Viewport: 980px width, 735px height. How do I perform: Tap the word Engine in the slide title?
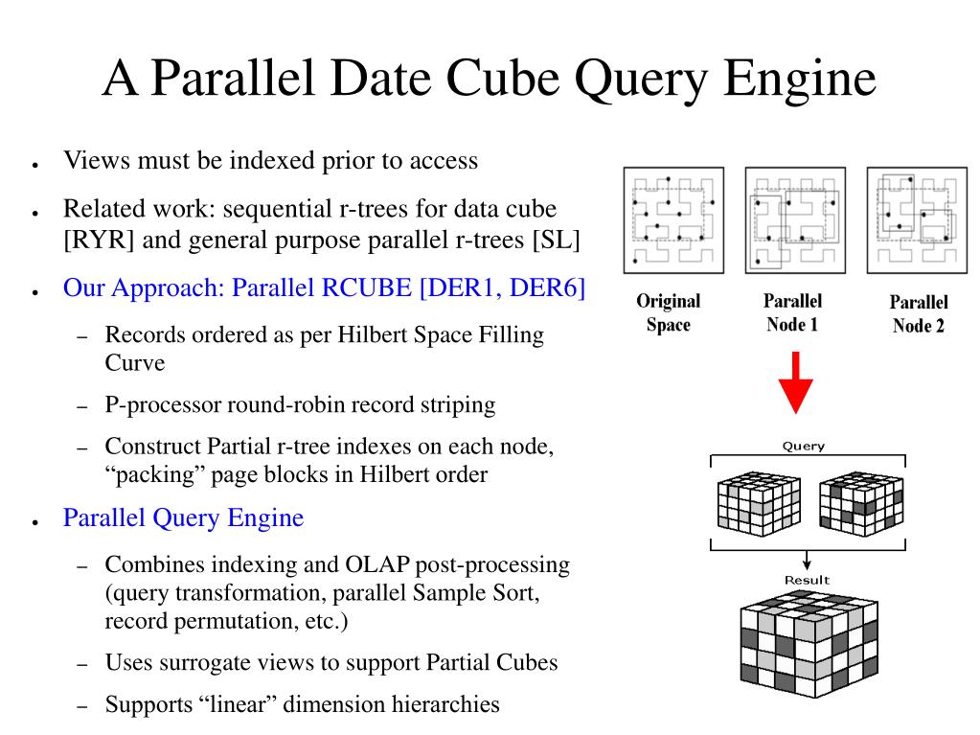click(x=800, y=79)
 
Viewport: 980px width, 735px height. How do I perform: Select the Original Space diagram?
click(x=672, y=220)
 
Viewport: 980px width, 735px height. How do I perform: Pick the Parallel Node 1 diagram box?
click(x=794, y=220)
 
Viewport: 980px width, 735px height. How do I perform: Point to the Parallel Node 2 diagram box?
click(x=916, y=220)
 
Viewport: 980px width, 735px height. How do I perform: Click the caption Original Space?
click(x=669, y=313)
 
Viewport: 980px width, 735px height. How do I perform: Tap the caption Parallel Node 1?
click(x=792, y=313)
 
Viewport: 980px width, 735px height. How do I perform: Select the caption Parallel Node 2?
click(x=918, y=314)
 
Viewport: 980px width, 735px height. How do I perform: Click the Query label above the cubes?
click(x=803, y=446)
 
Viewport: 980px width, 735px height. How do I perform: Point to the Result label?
click(x=807, y=580)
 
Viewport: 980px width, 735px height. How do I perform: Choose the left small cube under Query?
click(x=759, y=504)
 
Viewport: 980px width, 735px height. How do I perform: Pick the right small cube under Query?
click(x=860, y=504)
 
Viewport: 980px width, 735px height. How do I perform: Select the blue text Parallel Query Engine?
click(x=183, y=518)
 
